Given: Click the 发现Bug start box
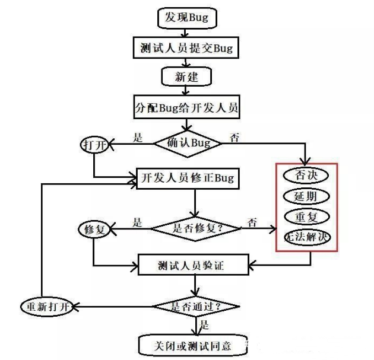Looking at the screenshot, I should [x=186, y=17].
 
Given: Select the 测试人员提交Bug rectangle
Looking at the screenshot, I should [x=186, y=48].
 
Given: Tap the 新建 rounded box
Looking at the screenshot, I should [x=186, y=77].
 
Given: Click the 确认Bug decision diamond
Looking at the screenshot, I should [x=187, y=143].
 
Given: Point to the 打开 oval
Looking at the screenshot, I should [x=94, y=145].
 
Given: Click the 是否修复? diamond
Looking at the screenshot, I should [x=195, y=227].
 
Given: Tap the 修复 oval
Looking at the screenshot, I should [x=94, y=229].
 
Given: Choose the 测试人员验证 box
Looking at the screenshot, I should [x=195, y=265].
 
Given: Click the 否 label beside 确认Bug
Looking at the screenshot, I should [x=234, y=139].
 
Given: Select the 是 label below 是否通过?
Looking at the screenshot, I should [x=204, y=325].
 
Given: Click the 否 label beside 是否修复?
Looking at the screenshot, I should [x=252, y=223].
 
